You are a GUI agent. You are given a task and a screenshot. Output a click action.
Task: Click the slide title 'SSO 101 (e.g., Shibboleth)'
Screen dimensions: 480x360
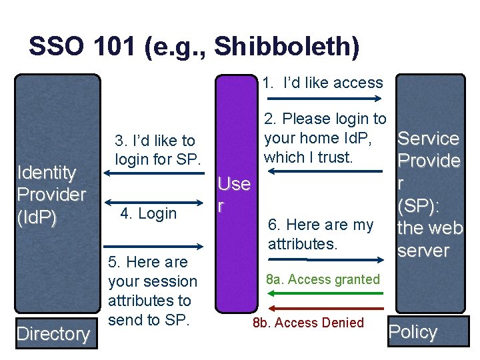coord(194,47)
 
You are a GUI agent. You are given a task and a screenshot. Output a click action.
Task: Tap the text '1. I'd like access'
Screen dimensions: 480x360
coord(323,83)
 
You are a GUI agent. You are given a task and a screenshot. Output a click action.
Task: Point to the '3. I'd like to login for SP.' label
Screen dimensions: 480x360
coord(155,150)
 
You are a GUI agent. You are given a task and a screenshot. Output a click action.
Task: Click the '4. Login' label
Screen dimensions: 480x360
coord(148,213)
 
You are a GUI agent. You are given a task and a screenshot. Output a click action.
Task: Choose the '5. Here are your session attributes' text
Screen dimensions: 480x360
coord(152,291)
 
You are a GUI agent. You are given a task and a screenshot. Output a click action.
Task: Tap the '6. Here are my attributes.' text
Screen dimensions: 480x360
coord(320,234)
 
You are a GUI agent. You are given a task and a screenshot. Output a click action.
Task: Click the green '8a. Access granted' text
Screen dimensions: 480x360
coord(323,279)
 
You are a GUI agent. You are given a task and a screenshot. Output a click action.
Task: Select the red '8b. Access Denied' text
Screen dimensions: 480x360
coord(308,323)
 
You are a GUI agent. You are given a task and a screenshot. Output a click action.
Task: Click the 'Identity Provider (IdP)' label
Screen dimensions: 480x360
coord(51,195)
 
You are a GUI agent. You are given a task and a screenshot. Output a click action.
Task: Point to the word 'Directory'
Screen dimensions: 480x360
coord(53,333)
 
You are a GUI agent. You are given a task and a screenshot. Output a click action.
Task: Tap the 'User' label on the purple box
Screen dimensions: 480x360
coord(234,194)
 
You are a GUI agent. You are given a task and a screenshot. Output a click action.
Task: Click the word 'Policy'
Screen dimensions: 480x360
coord(413,332)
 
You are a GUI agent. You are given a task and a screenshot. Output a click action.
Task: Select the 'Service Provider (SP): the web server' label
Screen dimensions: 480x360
coord(429,195)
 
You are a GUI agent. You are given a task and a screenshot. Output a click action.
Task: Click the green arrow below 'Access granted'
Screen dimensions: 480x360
coord(326,294)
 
